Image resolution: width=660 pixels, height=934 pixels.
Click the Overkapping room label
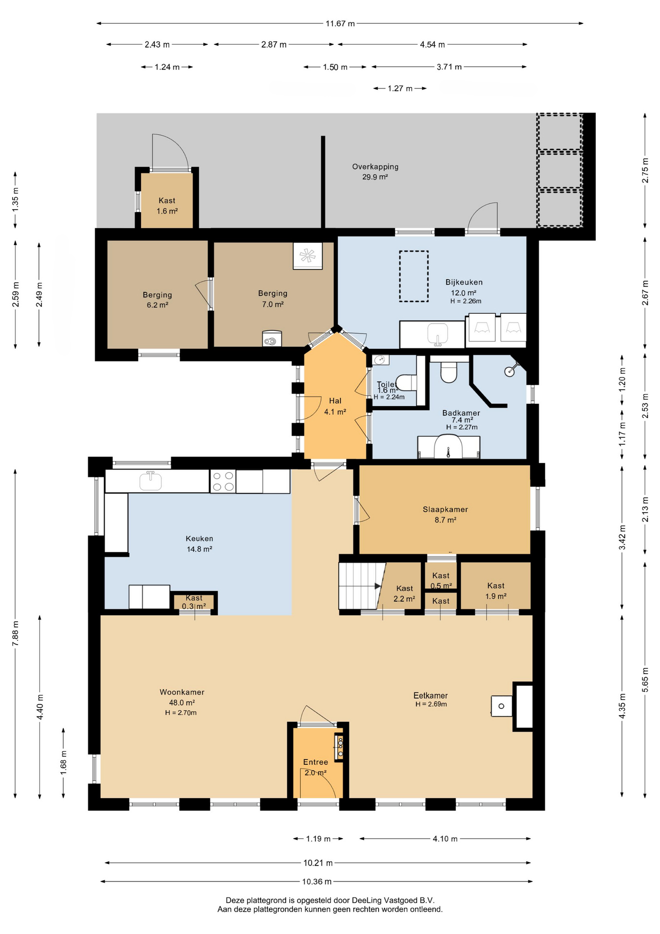(x=375, y=167)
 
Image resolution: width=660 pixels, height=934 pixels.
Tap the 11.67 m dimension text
(x=340, y=23)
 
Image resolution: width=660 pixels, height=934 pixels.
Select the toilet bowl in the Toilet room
(x=406, y=382)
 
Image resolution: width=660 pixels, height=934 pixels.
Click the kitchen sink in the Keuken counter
(x=150, y=481)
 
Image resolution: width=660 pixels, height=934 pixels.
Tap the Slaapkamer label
(x=445, y=509)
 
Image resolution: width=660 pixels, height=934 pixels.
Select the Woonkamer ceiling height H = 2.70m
(x=181, y=713)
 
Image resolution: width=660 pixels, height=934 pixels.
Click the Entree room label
(x=315, y=762)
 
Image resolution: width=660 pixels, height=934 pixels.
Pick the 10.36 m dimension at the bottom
(x=317, y=881)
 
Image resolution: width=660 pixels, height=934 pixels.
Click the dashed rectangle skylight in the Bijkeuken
(x=414, y=276)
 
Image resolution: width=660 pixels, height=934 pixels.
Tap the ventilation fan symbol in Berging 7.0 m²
(x=308, y=255)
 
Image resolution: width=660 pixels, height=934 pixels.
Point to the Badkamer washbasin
(x=449, y=447)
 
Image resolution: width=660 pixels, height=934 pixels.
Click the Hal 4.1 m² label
(x=335, y=406)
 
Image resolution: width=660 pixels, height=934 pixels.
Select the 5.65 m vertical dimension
(x=645, y=680)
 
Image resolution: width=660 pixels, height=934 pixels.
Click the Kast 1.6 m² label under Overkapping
(x=167, y=206)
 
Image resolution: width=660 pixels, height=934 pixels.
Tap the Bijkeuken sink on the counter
(x=437, y=334)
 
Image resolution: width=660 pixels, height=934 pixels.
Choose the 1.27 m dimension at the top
(x=400, y=89)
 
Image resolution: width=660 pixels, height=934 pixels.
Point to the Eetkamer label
(x=431, y=696)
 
